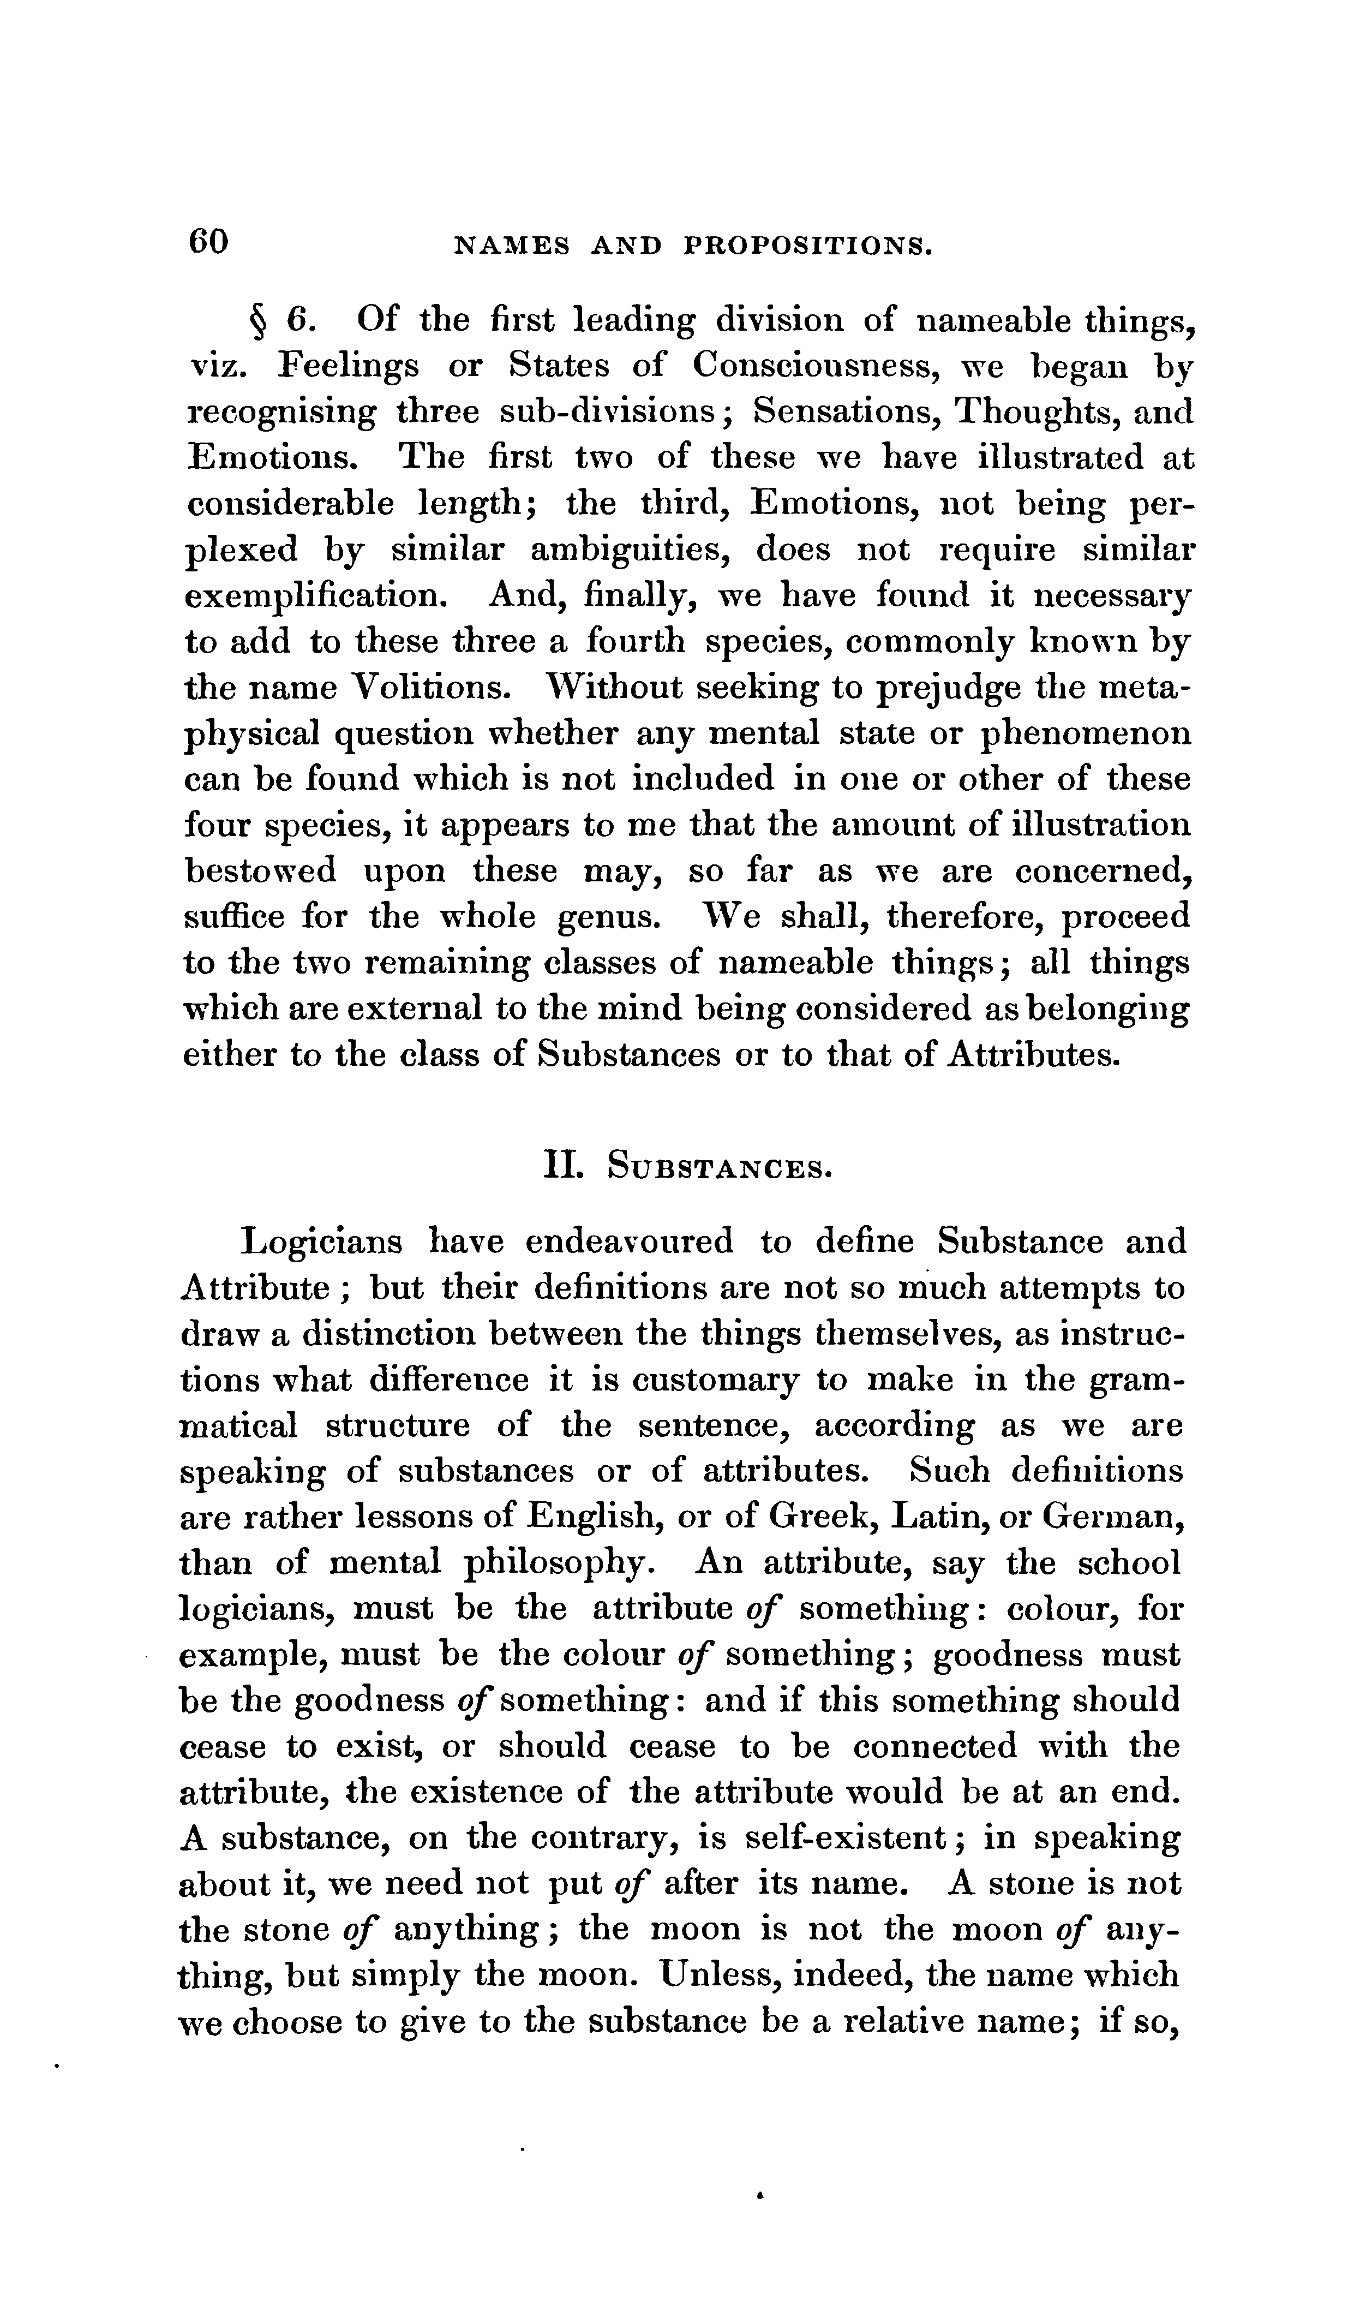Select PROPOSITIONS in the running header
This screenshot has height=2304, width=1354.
point(808,245)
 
